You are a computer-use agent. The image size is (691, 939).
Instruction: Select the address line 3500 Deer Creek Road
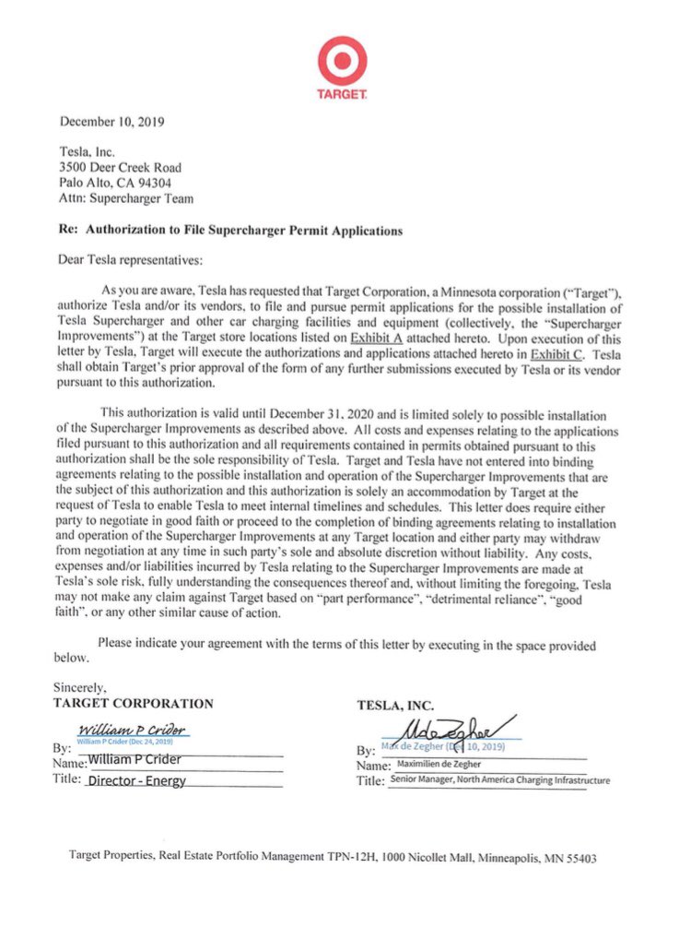pos(120,167)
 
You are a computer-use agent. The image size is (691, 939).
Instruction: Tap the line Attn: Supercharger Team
pos(126,197)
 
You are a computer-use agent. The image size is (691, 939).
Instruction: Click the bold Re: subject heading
pos(230,231)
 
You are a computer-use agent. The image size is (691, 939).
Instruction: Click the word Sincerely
pos(80,687)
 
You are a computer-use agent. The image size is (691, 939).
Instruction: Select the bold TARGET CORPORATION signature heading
pos(134,703)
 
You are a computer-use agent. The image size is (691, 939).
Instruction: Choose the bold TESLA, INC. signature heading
pos(395,706)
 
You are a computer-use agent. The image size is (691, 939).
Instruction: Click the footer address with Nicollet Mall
pos(333,857)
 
